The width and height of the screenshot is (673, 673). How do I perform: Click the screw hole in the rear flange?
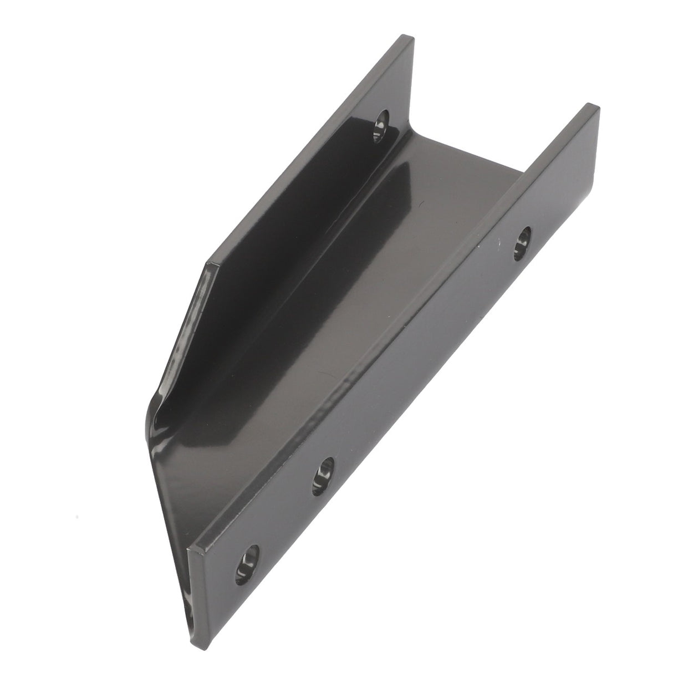pyautogui.click(x=382, y=125)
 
